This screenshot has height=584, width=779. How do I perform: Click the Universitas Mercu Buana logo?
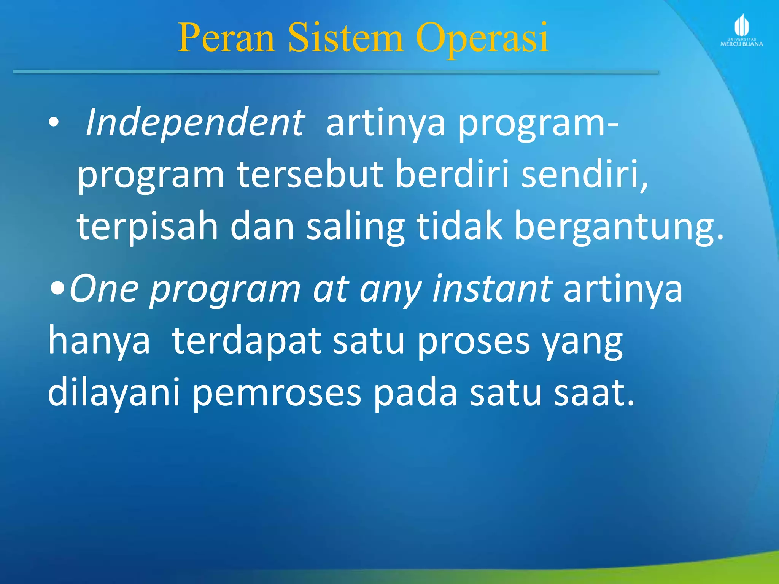pos(741,31)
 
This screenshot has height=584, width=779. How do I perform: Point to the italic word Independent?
pos(195,122)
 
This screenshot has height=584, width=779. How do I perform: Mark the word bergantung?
pos(618,227)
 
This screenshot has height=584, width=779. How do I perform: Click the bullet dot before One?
pos(57,289)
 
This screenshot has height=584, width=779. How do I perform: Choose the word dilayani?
pos(114,394)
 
